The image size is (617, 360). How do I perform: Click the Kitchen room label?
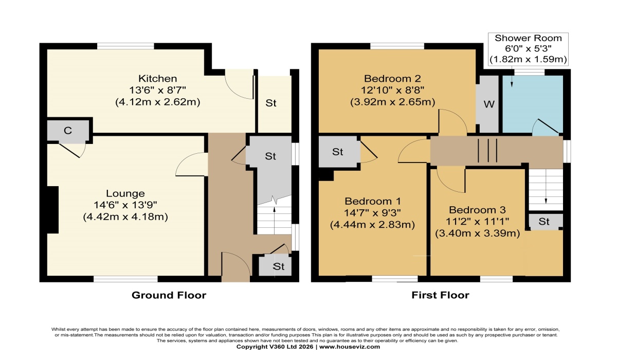pos(157,79)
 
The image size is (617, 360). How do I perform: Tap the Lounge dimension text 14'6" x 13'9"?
pos(125,205)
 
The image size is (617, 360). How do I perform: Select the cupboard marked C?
pos(68,131)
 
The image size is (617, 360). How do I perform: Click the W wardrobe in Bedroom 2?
pos(489,104)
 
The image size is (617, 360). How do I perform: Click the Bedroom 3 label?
pos(477,210)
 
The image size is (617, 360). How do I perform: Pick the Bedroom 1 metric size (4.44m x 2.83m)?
pos(372,225)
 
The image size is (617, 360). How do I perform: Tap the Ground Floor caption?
pos(169,295)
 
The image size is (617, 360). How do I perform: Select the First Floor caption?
pos(440,295)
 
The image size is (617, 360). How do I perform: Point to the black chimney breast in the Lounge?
pos(53,210)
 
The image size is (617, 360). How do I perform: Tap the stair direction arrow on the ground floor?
pos(275,221)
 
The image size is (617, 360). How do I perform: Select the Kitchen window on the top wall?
pos(125,46)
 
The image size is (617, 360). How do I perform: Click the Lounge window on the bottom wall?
pos(125,279)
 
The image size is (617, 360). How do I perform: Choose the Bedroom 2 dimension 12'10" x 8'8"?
pos(392,90)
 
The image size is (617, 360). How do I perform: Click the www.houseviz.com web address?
pos(350,347)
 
